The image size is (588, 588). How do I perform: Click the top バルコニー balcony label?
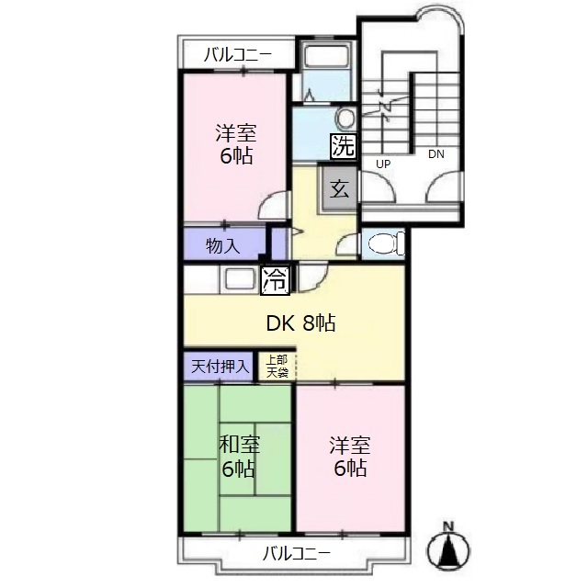237,56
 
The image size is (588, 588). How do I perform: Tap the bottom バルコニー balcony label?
296,553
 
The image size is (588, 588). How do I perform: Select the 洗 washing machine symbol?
342,145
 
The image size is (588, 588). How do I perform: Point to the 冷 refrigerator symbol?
274,280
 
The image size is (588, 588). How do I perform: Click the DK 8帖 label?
300,322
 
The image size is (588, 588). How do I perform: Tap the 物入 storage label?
222,245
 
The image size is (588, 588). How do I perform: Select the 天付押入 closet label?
220,366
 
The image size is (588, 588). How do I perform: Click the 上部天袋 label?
277,366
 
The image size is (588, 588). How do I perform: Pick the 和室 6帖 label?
238,457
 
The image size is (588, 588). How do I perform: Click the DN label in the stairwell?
435,154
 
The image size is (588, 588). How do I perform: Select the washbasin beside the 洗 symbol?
345,119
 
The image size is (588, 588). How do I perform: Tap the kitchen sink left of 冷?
240,278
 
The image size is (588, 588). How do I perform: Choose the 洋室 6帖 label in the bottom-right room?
350,457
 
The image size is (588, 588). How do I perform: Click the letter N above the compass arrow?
448,526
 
